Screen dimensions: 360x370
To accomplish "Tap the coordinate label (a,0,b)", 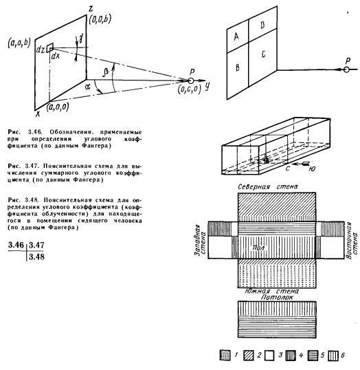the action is coord(19,43).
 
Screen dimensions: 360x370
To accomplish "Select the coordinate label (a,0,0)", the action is coord(58,107).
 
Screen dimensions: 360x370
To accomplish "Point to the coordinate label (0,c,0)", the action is coord(190,90).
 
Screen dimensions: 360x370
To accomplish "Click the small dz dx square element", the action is coord(50,47).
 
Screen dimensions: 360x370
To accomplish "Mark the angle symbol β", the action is coord(105,72).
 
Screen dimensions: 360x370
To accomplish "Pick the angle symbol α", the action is coord(88,87).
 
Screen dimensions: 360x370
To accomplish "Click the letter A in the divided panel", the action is coord(236,36).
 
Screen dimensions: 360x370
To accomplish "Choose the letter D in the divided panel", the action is coord(262,25).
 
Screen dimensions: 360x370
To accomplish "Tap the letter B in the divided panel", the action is coord(238,67).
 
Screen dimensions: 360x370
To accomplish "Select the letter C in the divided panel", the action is coord(263,54).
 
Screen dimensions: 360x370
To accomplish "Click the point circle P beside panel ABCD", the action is coord(346,70).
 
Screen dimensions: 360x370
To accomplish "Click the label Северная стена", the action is coord(268,186).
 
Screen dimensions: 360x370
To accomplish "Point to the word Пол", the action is coord(258,248).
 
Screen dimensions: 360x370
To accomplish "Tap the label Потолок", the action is coord(277,297).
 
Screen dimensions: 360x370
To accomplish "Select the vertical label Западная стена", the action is coord(200,240).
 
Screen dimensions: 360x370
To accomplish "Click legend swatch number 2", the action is coord(249,356).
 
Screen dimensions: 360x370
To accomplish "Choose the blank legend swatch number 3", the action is coord(269,356).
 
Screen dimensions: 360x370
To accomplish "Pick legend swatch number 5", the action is coord(313,356).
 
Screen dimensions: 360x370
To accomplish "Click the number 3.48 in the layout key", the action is coord(36,257).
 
